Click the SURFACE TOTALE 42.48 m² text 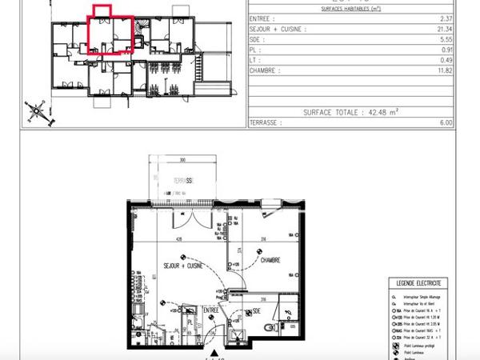pos(352,113)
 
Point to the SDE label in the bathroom pos(258,312)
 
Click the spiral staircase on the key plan pos(138,32)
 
